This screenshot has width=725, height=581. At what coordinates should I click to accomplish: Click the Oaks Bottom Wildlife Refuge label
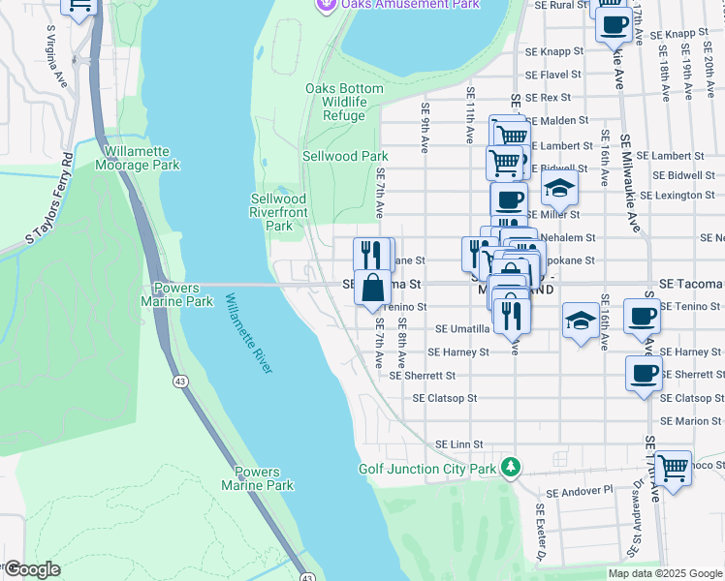tap(344, 102)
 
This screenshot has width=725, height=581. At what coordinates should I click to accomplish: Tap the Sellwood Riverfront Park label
tap(279, 212)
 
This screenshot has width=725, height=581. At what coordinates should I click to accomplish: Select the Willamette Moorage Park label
tap(138, 158)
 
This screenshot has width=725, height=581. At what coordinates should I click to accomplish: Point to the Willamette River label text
tap(249, 334)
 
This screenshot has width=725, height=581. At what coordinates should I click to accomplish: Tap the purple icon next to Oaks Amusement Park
tap(327, 5)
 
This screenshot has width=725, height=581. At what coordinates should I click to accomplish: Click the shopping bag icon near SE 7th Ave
tap(373, 288)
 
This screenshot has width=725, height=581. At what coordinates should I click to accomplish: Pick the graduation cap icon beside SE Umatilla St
tap(580, 321)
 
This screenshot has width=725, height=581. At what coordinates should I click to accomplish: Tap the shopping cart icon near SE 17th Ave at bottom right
tap(673, 469)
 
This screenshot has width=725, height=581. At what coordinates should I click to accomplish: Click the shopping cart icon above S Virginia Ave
tap(79, 5)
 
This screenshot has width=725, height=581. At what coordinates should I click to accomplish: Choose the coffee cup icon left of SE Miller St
tap(509, 201)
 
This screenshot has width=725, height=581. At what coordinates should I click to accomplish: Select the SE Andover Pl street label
tap(580, 492)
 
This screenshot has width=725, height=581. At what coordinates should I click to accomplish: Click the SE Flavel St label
tap(552, 74)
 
